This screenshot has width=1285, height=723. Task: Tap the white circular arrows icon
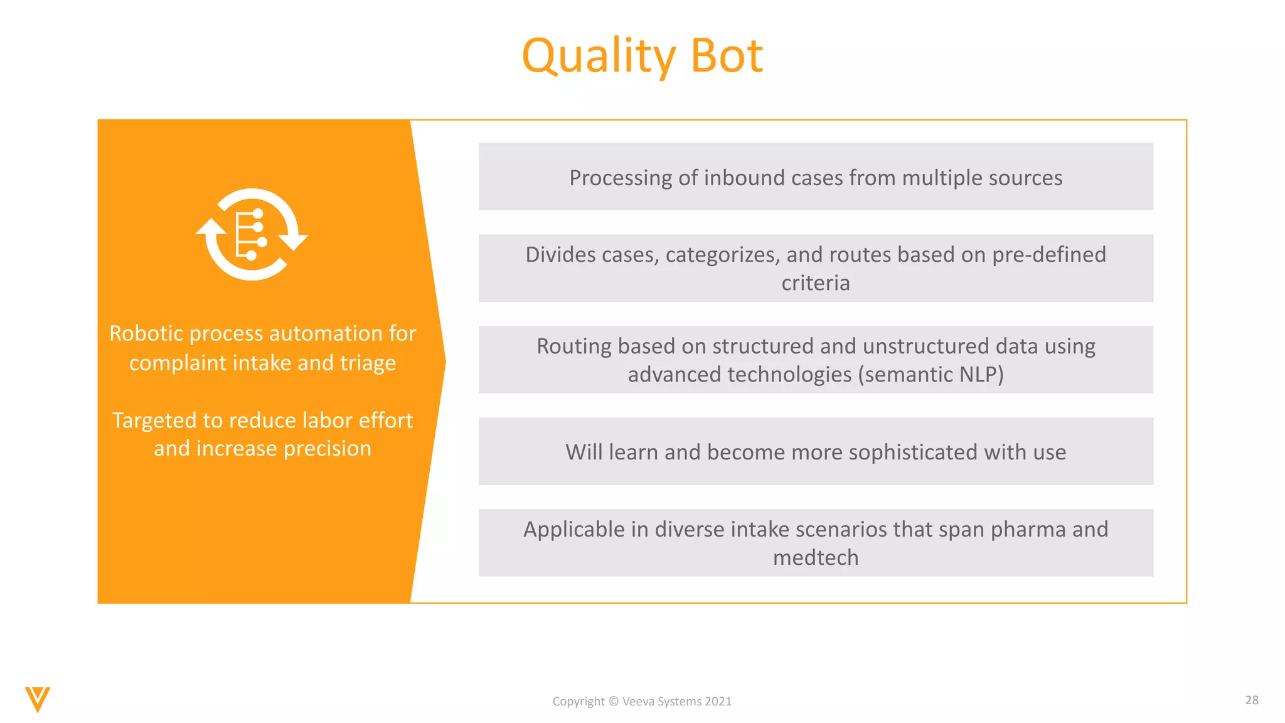point(252,234)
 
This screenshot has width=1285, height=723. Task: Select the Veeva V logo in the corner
point(38,699)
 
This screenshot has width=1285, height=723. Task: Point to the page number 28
point(1252,700)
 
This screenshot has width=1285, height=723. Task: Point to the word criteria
point(815,283)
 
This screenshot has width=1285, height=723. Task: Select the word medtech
point(815,558)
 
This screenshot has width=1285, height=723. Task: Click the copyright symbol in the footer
point(614,702)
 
